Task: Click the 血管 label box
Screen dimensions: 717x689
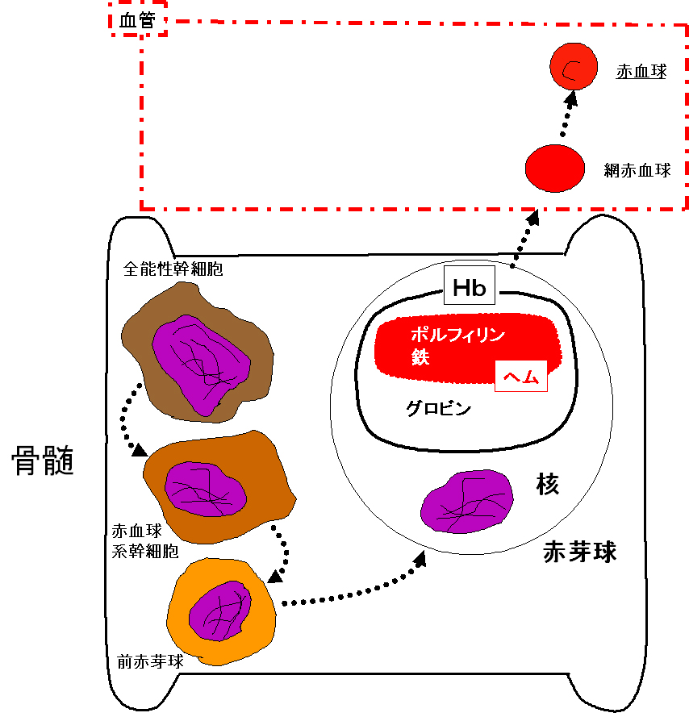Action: tap(138, 22)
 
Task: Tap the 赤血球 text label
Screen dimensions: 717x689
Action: tap(641, 71)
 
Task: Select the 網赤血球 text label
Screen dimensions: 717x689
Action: tap(637, 170)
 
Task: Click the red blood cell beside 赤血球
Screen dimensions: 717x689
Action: tap(574, 68)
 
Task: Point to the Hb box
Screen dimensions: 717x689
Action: tap(470, 288)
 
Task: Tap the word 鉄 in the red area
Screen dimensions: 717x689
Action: tap(420, 357)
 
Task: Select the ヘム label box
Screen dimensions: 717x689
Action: tap(520, 375)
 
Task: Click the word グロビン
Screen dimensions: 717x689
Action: tap(438, 408)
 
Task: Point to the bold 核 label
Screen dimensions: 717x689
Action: tap(548, 484)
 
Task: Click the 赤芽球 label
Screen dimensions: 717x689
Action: tap(579, 552)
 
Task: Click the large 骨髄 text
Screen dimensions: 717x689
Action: tap(43, 461)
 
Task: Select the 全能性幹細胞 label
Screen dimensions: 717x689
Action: tap(173, 269)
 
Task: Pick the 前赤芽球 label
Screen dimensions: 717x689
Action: tap(150, 662)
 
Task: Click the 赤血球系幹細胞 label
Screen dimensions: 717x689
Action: tap(145, 541)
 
